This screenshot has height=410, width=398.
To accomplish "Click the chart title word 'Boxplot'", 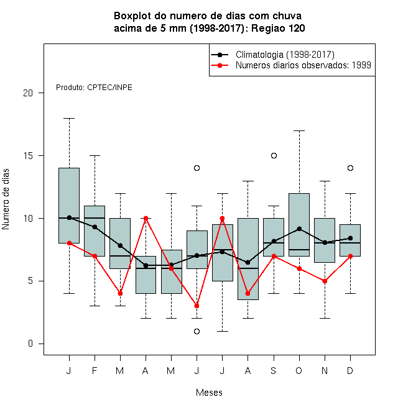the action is [x=132, y=16].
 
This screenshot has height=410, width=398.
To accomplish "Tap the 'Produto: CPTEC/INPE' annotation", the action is [x=94, y=88].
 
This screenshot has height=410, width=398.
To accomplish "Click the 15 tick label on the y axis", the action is [x=28, y=155].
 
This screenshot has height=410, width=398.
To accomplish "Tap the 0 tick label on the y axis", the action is [x=30, y=344].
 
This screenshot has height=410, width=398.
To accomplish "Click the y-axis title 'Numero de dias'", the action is [x=6, y=199].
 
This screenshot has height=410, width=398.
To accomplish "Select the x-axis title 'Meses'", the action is [x=209, y=393].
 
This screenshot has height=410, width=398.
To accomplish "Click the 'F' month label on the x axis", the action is [x=95, y=370].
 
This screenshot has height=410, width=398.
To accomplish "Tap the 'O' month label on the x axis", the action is [x=299, y=370].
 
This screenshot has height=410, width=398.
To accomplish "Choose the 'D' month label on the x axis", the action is [x=350, y=370].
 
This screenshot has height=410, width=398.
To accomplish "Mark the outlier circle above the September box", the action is [x=274, y=155].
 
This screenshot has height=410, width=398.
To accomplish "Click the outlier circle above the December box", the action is [x=350, y=168].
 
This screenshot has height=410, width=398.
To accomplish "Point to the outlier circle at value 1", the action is [x=197, y=331].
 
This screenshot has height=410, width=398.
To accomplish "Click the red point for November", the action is [x=325, y=281].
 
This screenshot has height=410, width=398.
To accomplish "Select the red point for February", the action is [x=95, y=256].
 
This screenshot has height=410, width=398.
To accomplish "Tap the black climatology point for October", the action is [x=299, y=229].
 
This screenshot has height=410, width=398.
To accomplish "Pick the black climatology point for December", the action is [x=350, y=238].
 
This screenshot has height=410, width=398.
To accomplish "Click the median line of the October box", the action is [x=299, y=250].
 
